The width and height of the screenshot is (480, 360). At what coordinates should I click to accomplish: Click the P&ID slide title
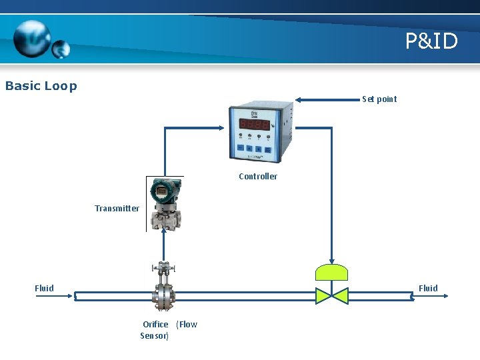(432, 41)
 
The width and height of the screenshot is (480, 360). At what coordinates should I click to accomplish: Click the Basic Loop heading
(41, 86)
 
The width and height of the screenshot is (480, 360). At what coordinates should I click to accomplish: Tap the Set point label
(379, 99)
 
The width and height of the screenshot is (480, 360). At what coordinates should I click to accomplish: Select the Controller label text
(258, 177)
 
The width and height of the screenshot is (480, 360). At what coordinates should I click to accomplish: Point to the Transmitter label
(117, 209)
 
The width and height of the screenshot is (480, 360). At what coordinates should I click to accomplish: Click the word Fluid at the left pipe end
(45, 288)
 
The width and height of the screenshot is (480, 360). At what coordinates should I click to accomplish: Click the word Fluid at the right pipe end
(428, 288)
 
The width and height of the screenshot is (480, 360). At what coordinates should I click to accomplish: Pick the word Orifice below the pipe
(155, 325)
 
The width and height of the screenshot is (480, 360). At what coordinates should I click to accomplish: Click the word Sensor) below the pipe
(155, 336)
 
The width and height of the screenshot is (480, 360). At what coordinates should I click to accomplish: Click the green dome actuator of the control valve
(331, 272)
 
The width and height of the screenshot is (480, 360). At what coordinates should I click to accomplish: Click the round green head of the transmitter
(163, 191)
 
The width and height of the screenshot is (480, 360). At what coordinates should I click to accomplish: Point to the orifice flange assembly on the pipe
(163, 293)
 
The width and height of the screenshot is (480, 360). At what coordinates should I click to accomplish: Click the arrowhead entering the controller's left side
(224, 128)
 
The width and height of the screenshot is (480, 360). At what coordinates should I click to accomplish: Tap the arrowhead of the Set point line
(299, 100)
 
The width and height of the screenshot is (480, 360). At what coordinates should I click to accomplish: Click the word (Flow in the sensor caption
(187, 325)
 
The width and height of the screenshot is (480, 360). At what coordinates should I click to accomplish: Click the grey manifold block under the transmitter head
(163, 217)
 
